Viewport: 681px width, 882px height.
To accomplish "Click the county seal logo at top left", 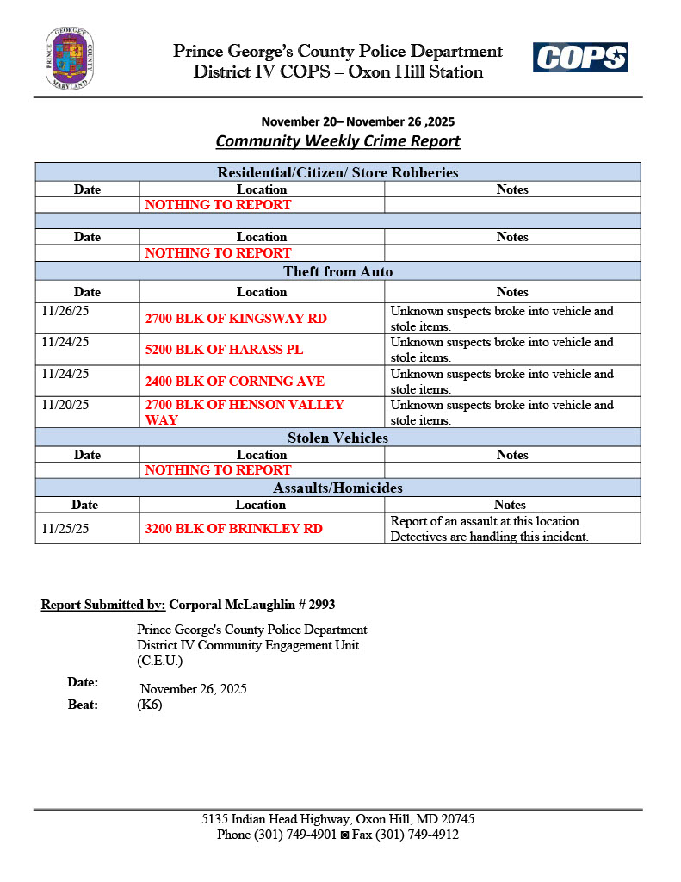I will pos(70,59).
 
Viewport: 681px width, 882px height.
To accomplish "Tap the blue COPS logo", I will pos(580,58).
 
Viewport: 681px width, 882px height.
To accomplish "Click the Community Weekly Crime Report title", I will pos(337,141).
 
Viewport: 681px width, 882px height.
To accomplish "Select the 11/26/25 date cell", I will pos(65,311).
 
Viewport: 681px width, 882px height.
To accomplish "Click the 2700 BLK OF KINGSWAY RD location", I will pos(236,319).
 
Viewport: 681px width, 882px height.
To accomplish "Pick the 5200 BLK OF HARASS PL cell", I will pos(224,350).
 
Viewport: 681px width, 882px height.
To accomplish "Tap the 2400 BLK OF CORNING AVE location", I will pos(234,381).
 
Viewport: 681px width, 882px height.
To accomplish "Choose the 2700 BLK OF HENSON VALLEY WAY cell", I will pos(245,412).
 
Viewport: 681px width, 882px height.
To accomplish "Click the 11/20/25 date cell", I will pos(65,404).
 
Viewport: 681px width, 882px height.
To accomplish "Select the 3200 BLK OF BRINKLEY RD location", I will pos(233,529).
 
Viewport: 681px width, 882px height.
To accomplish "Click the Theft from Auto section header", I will pos(337,272).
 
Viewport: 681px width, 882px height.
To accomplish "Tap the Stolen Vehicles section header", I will pos(337,438).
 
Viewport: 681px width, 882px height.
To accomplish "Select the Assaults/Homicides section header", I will pos(337,488).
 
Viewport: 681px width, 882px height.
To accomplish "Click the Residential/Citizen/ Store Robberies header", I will pos(337,173).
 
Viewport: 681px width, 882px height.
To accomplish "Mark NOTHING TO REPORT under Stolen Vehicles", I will pos(218,470).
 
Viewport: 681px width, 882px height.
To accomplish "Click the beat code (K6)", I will pos(149,705).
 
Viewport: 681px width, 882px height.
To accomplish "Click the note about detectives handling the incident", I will pos(489,537).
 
